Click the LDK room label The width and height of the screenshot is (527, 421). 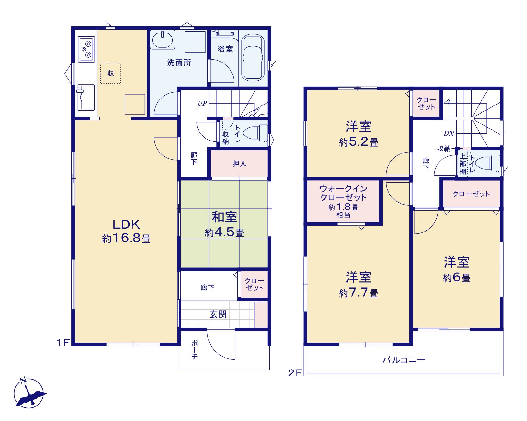[x=126, y=225]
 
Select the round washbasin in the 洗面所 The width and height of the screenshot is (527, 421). [x=163, y=40]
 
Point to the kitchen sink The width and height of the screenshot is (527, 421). [x=85, y=97]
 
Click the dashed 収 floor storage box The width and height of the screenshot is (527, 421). [x=111, y=73]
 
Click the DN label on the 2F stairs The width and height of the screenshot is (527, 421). [x=449, y=134]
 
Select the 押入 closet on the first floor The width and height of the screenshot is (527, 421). [x=239, y=163]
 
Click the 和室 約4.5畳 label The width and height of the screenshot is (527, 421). [x=224, y=225]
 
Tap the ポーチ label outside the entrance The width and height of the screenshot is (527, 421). [x=195, y=350]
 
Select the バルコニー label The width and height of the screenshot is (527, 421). [x=404, y=359]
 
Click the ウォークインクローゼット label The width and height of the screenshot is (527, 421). [x=343, y=193]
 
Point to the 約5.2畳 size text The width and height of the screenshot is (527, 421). [x=358, y=143]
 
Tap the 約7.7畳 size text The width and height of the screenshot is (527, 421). [x=358, y=293]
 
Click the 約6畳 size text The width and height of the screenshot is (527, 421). [x=457, y=278]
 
